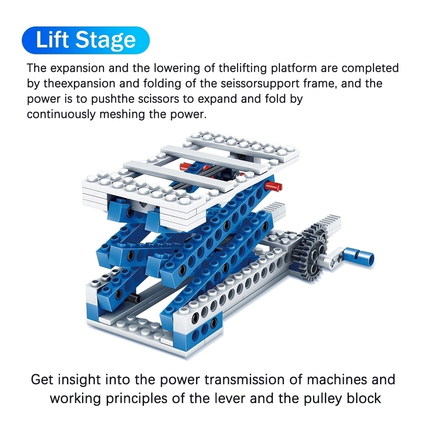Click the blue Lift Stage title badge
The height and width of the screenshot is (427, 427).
tap(85, 40)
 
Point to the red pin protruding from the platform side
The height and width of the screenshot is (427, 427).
tap(273, 186)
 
